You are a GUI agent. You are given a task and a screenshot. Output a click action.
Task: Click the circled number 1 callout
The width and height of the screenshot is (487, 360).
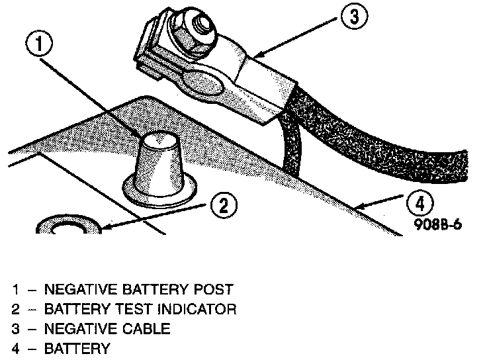41,44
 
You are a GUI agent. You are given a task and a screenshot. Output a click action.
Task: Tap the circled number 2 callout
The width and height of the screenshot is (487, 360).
224,206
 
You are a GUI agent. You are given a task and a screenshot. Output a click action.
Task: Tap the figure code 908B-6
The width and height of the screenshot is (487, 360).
439,223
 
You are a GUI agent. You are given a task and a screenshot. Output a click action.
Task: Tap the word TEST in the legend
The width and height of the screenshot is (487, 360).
124,309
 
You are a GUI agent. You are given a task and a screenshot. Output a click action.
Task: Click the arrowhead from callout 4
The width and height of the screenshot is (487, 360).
353,209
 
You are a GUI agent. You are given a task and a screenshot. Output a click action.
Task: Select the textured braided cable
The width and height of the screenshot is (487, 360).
384,139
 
